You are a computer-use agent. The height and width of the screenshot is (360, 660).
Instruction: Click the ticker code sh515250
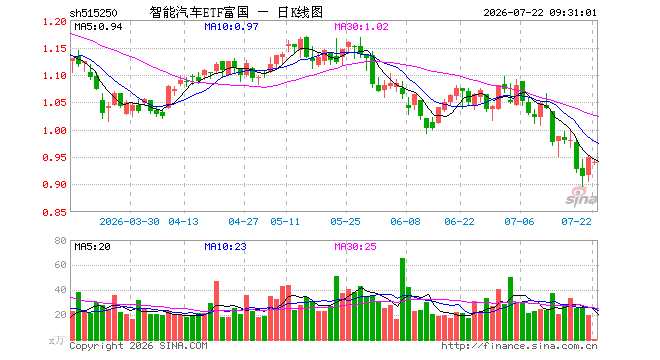[93, 13]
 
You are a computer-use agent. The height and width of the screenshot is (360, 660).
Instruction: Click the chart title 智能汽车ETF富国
[199, 12]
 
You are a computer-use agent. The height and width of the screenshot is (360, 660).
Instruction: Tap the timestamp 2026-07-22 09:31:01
[540, 13]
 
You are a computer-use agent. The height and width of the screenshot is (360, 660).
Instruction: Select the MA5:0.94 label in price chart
[98, 27]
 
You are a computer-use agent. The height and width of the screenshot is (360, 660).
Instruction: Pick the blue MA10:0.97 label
[231, 27]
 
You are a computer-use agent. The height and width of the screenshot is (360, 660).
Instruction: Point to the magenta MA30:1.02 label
[361, 27]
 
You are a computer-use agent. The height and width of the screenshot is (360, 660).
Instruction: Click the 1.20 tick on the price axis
[55, 22]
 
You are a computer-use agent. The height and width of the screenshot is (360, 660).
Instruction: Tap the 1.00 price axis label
[55, 131]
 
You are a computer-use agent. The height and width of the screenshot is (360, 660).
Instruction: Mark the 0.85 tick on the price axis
[55, 212]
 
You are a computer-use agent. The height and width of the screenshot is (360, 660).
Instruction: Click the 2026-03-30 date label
[129, 221]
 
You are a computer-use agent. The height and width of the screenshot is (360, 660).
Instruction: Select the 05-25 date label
[345, 221]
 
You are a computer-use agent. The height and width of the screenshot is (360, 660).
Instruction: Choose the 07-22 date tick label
[576, 221]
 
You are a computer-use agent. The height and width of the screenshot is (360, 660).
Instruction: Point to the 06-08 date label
[405, 221]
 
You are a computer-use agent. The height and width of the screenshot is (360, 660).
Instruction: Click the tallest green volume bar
[402, 299]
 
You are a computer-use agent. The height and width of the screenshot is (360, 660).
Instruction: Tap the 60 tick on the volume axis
[61, 265]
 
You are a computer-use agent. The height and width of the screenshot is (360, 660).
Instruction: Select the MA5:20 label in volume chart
[92, 246]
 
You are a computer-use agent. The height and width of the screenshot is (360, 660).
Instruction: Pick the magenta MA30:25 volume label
[355, 246]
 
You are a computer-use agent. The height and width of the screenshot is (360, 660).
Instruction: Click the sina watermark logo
[581, 197]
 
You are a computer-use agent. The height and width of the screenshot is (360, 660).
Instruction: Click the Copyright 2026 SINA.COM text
[138, 346]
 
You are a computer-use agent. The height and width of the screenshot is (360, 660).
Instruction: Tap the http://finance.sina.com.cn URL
[519, 346]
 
